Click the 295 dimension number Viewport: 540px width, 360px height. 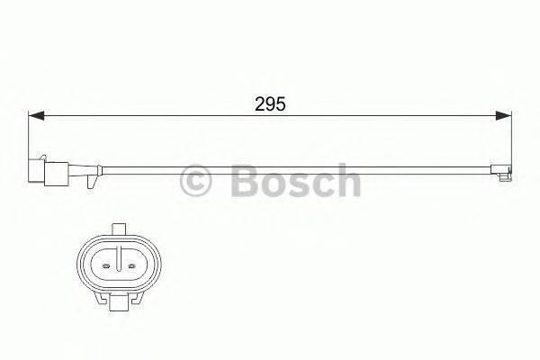pyautogui.click(x=270, y=104)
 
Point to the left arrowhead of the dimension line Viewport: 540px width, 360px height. pyautogui.click(x=37, y=115)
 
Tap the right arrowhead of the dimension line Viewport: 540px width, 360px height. pyautogui.click(x=504, y=115)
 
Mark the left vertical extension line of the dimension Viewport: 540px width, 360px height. pyautogui.click(x=31, y=135)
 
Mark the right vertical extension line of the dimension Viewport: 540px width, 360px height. pyautogui.click(x=510, y=135)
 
